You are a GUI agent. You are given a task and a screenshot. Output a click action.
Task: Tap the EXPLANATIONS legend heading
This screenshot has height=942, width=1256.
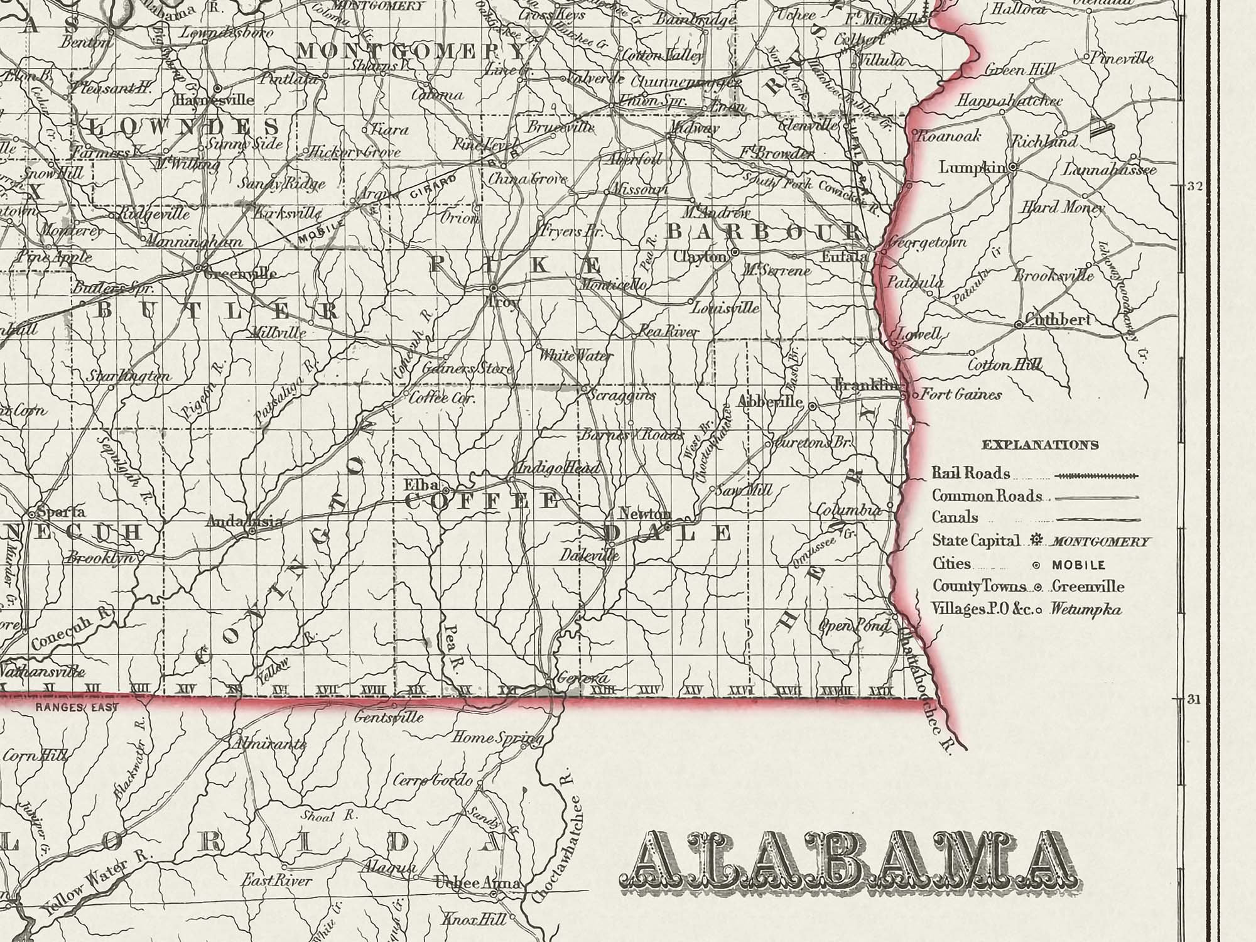(x=1040, y=445)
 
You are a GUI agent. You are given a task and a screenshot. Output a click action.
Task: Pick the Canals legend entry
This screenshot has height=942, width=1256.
(x=955, y=517)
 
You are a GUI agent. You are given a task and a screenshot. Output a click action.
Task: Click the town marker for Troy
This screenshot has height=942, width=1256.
(x=494, y=287)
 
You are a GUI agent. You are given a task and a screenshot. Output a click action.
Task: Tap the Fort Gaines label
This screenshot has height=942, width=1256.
(x=960, y=394)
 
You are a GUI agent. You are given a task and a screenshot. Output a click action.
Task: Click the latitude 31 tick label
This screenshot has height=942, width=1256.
(x=1189, y=699)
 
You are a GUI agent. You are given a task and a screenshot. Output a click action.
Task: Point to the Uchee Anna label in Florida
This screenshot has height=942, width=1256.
(x=477, y=884)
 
